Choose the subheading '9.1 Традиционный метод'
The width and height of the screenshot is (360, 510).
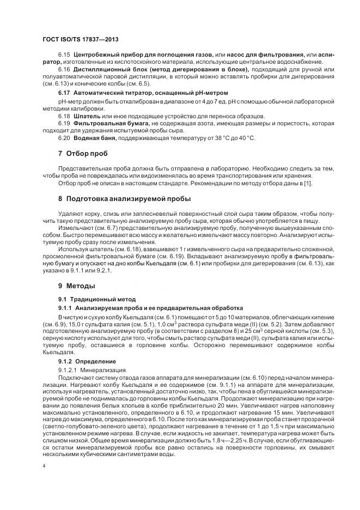click(x=93, y=299)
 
